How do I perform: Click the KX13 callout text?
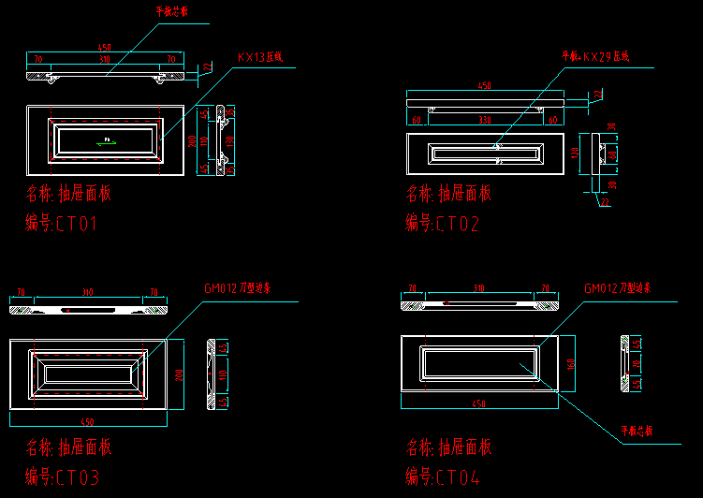point(260,57)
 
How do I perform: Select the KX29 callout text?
point(595,56)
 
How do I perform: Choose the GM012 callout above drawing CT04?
point(618,288)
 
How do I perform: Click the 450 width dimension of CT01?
point(104,47)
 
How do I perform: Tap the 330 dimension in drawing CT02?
point(484,120)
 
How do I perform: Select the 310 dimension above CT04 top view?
point(479,288)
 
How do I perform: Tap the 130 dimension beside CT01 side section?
point(230,140)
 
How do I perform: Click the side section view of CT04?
point(625,360)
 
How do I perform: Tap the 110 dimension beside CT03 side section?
point(225,374)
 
